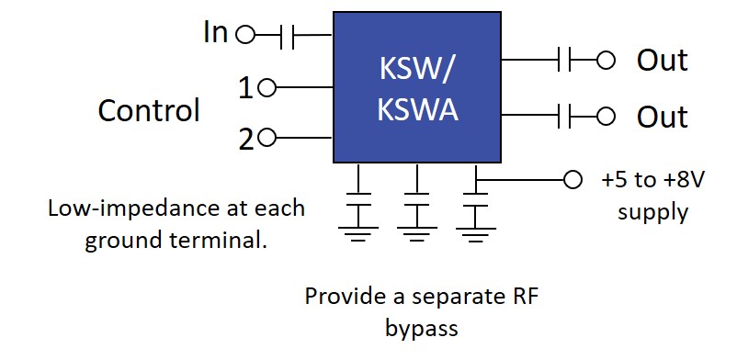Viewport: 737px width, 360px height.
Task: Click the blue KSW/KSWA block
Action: [416, 87]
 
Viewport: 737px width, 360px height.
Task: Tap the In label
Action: [215, 33]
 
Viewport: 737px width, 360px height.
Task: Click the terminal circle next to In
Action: [244, 36]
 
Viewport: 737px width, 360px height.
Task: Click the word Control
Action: [149, 111]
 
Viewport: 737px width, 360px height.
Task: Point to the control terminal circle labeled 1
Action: [267, 88]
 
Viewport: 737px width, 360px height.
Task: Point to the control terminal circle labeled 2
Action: [267, 139]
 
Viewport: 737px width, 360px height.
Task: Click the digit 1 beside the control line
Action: [245, 88]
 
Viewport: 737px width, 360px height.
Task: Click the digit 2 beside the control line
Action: [245, 140]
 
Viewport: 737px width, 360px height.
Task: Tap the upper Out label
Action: [662, 61]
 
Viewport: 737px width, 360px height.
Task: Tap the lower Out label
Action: [662, 117]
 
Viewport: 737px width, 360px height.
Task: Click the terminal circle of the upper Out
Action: [605, 61]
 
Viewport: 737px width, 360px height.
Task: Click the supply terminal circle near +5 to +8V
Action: [573, 180]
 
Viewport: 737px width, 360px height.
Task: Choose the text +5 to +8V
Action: [652, 180]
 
